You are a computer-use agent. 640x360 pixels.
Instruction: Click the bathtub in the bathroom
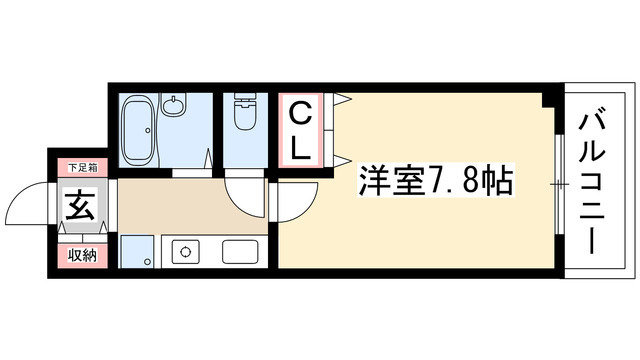click(x=137, y=131)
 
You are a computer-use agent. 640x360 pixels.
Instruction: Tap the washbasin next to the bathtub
click(x=177, y=105)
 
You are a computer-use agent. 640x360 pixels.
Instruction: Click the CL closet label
click(x=300, y=130)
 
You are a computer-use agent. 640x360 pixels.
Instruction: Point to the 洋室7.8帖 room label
click(x=436, y=181)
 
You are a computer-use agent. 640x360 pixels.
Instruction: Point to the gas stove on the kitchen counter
click(x=186, y=253)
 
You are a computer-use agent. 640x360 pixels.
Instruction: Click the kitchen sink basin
click(x=240, y=252)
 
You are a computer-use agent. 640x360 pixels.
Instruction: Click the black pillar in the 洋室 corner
click(x=547, y=99)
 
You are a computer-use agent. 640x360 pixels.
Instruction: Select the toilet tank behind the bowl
click(x=243, y=100)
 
